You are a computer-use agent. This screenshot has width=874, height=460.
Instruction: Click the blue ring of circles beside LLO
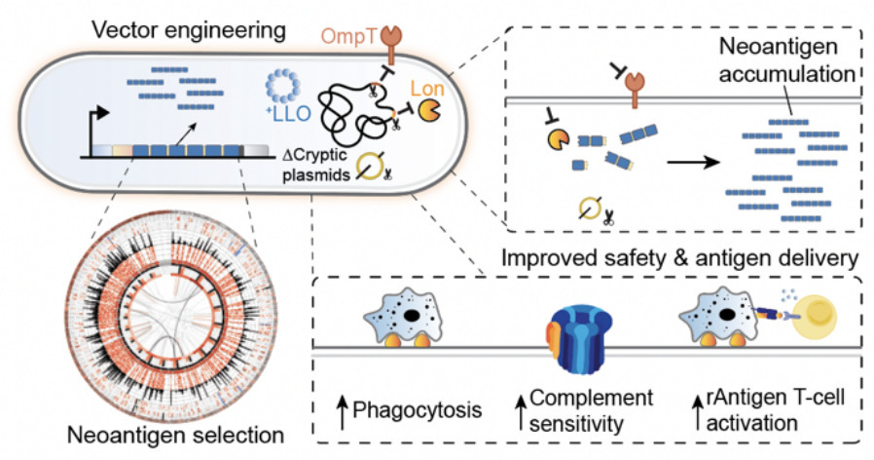[285, 91]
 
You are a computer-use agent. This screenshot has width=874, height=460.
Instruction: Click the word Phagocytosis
[415, 408]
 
